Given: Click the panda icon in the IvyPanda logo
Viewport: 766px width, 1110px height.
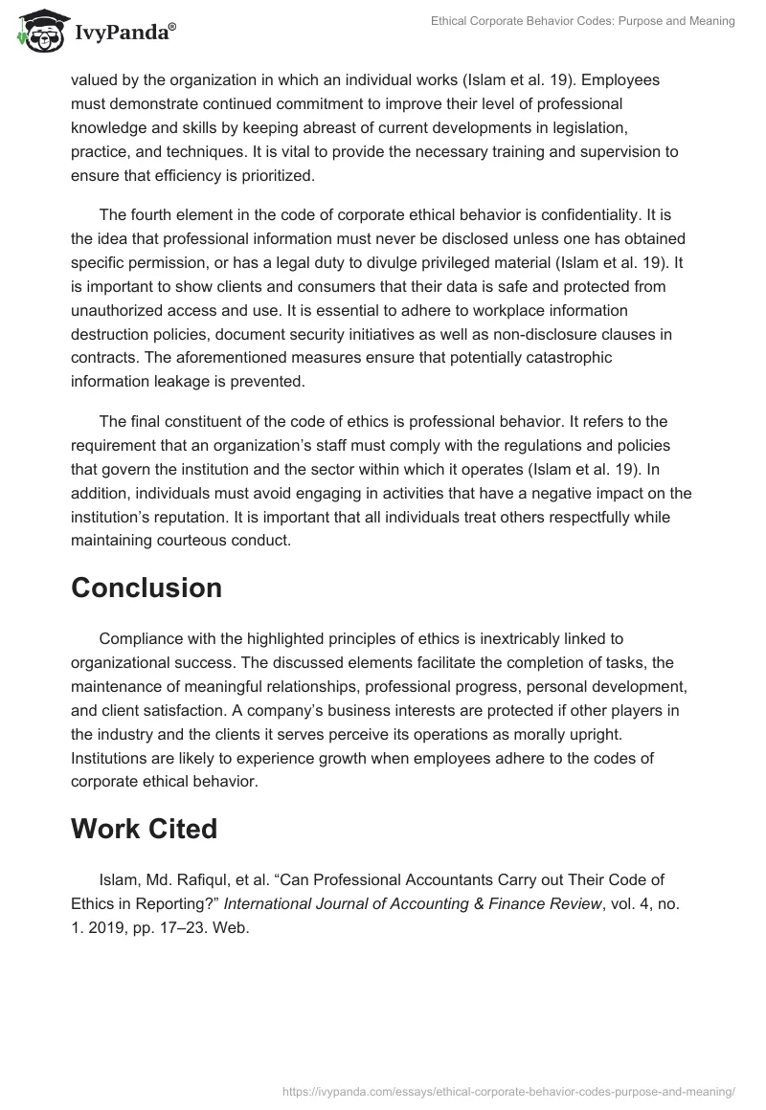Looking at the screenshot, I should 37,30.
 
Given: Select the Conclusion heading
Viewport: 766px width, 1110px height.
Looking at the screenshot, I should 146,588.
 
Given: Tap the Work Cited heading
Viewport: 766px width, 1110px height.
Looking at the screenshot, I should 144,829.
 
